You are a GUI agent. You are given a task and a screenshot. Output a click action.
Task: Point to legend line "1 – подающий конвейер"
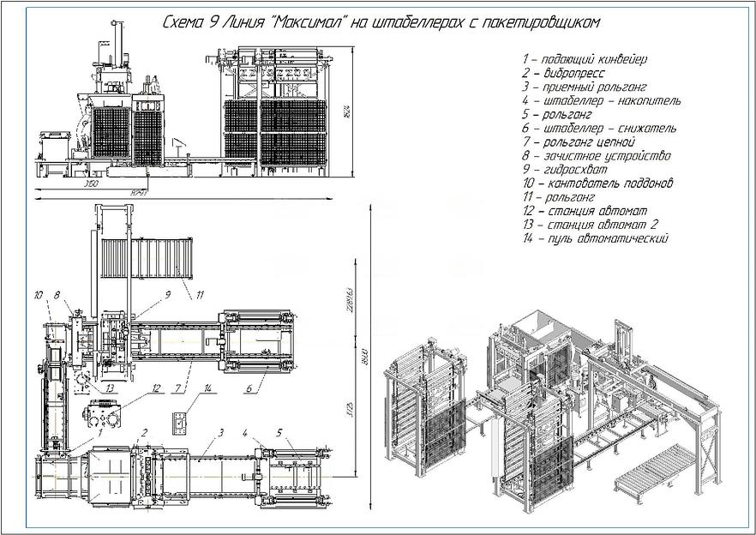pyautogui.click(x=583, y=59)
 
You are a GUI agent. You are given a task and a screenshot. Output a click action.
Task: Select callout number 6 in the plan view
pyautogui.click(x=249, y=389)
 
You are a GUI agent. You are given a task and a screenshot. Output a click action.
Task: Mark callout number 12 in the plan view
pyautogui.click(x=156, y=388)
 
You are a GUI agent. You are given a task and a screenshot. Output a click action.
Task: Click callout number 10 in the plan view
pyautogui.click(x=38, y=295)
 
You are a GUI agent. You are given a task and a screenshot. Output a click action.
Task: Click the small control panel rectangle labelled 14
pyautogui.click(x=180, y=423)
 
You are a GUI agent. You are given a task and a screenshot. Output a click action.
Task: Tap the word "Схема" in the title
pyautogui.click(x=182, y=21)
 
